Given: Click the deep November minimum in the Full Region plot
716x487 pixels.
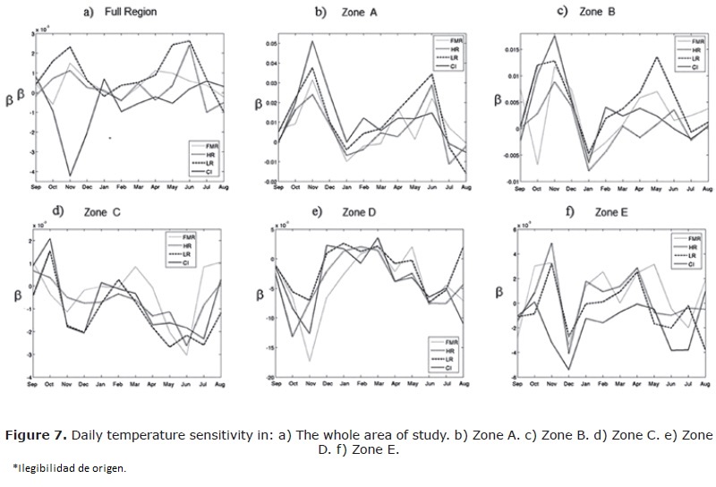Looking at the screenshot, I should [x=70, y=175].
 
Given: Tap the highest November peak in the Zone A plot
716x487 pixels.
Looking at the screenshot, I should [x=312, y=41].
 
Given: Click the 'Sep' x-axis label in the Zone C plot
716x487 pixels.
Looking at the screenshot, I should [x=35, y=385].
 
